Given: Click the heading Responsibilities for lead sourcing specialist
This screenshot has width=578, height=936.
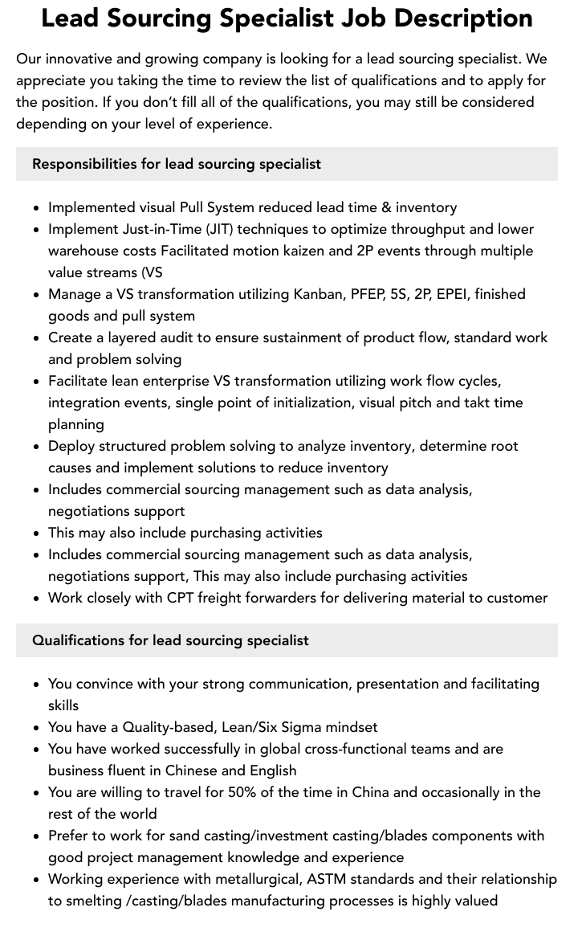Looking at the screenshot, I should [x=177, y=164].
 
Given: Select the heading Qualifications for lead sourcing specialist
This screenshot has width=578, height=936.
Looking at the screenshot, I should [x=170, y=640].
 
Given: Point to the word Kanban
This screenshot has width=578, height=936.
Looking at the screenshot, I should [x=313, y=294].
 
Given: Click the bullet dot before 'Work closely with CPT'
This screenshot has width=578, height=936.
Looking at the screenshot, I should [x=37, y=599].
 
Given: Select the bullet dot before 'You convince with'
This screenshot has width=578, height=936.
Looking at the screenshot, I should [x=37, y=685].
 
